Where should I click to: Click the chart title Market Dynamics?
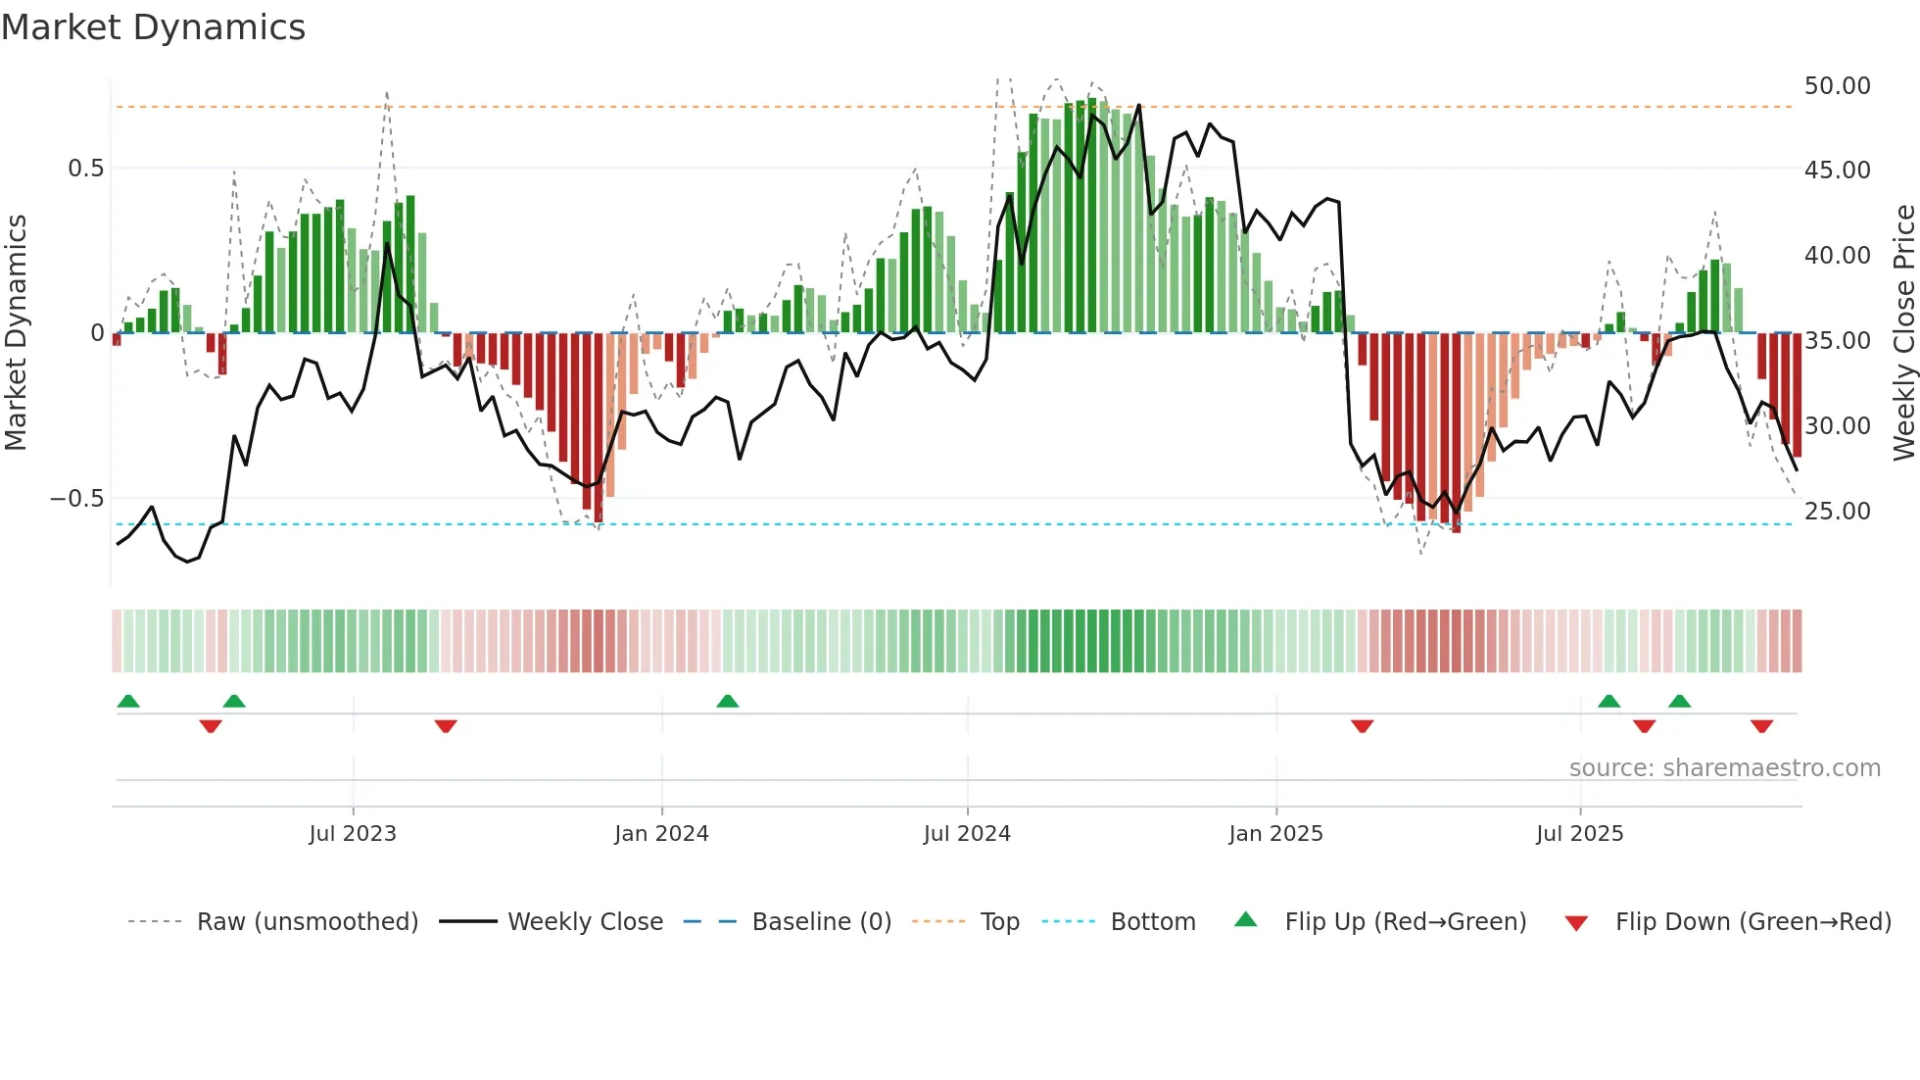click(153, 27)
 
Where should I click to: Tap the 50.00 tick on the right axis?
click(1837, 86)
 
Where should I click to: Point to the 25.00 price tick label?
click(1837, 512)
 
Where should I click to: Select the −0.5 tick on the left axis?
click(76, 499)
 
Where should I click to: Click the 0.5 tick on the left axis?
click(85, 169)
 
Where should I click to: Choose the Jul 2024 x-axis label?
click(966, 834)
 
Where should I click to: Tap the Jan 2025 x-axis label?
click(1275, 834)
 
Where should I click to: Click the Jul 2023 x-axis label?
click(353, 834)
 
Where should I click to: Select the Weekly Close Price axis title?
click(1903, 333)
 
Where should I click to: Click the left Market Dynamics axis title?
click(16, 333)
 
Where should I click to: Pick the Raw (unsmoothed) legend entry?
click(307, 922)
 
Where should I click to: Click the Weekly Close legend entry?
click(585, 922)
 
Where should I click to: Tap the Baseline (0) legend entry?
click(821, 922)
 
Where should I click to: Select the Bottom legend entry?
click(1152, 922)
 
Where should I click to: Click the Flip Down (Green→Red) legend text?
click(1752, 922)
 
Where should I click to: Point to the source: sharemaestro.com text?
click(1724, 768)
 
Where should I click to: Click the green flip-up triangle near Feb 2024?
click(727, 702)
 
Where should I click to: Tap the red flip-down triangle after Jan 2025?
click(1362, 726)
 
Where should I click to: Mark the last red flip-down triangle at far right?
click(1761, 726)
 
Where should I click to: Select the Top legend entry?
click(999, 922)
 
